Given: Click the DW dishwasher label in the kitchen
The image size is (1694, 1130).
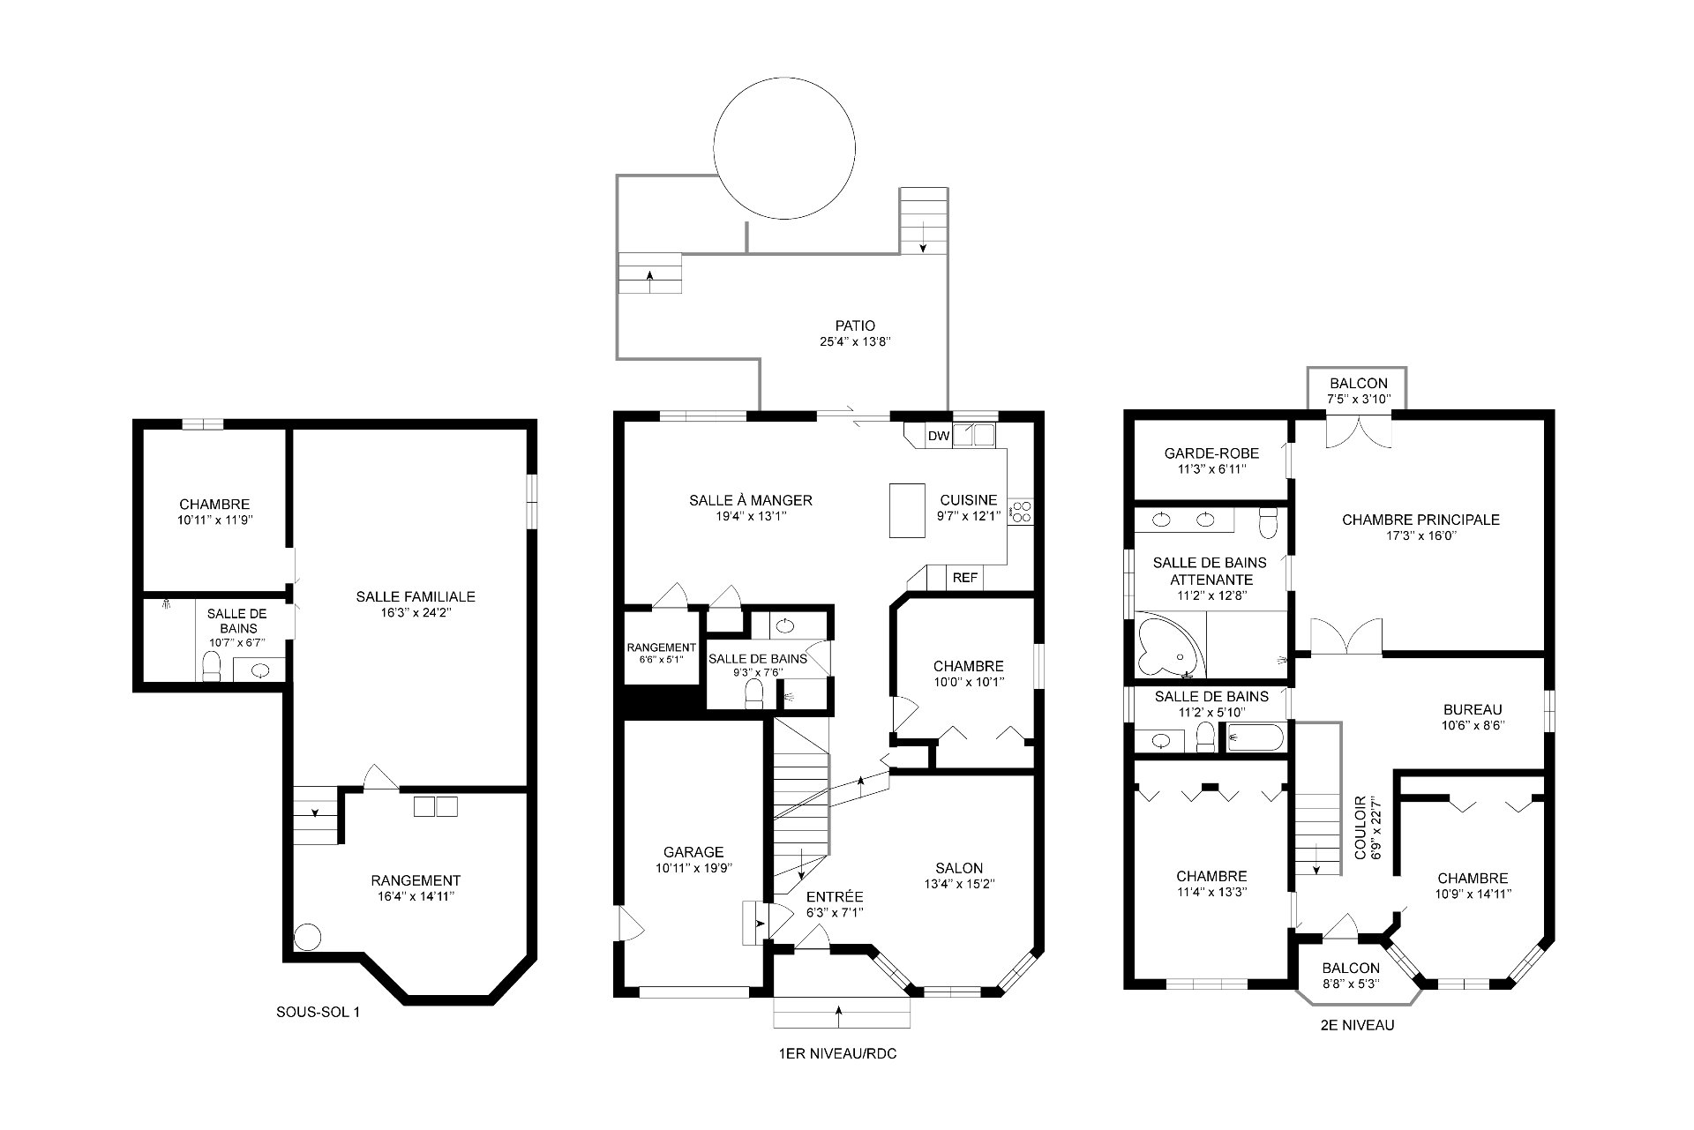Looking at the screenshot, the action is [938, 436].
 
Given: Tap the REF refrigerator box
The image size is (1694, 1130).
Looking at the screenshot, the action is [965, 578].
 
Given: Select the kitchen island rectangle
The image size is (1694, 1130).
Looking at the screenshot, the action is [907, 510].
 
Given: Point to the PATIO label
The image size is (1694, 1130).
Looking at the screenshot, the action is [855, 326].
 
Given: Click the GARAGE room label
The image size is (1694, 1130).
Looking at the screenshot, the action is [693, 852].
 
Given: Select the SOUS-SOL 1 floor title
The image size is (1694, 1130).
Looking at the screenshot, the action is [318, 1013].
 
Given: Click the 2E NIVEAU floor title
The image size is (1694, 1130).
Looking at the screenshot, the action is [1353, 1026].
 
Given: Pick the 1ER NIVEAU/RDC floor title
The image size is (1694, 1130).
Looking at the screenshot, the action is [837, 1054].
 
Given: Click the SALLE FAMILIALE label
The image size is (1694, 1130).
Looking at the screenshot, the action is [416, 597].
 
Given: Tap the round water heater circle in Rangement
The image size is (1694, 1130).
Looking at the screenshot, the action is [307, 937].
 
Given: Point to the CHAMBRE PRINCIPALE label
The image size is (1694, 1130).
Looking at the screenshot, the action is [1420, 520].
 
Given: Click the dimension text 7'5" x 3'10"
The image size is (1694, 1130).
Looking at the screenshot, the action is [1359, 399].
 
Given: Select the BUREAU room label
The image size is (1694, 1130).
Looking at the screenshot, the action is [1473, 710].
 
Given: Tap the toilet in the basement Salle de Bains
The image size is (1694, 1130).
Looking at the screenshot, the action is [212, 666].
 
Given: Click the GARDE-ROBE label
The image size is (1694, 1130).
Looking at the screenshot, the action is [1211, 453].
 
